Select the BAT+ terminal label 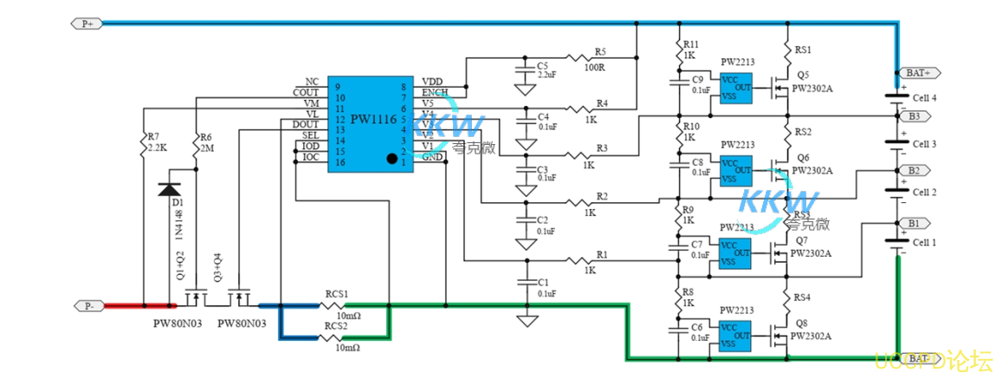pos(918,73)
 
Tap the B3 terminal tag pos(914,115)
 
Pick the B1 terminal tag pos(914,223)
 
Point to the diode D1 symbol pos(168,189)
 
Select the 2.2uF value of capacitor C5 pos(548,75)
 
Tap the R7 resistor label pos(152,137)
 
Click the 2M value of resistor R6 pos(206,148)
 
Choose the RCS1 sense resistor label pos(336,294)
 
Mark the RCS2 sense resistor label pos(336,326)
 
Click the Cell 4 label pos(925,97)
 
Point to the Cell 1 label pos(925,242)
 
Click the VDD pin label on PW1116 pos(433,82)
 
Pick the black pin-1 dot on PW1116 pos(392,159)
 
